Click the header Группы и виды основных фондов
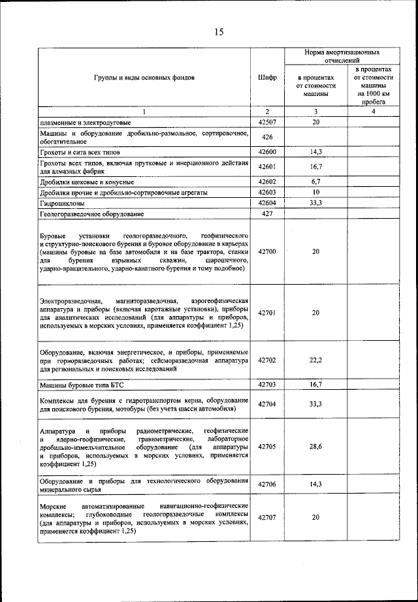[x=144, y=77]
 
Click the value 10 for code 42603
[x=315, y=193]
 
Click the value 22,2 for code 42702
[x=315, y=360]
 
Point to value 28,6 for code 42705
[x=315, y=447]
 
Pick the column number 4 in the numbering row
[x=373, y=112]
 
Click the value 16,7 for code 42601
[x=315, y=167]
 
